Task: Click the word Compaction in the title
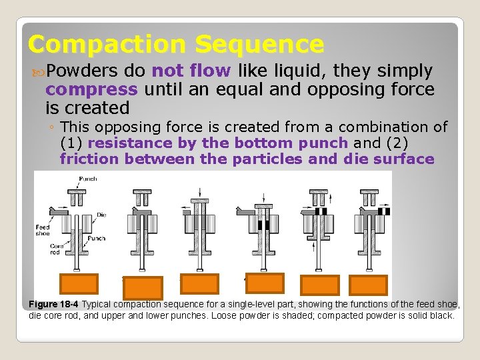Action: point(107,45)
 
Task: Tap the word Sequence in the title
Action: point(259,45)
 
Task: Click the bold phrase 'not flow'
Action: point(191,71)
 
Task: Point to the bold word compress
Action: point(91,89)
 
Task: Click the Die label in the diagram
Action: point(101,214)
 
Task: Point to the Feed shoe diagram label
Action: point(42,231)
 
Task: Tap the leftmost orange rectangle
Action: point(79,284)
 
